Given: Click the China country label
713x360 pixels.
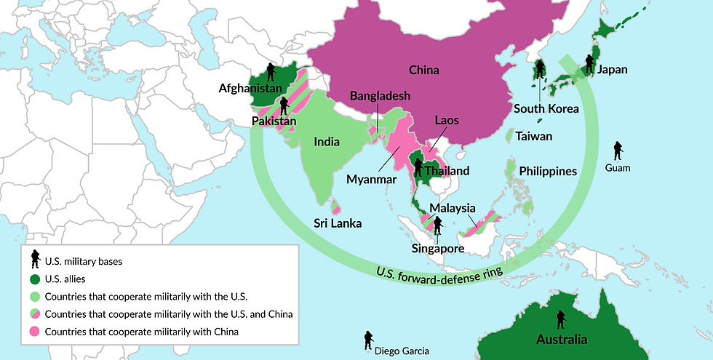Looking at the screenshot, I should click(x=424, y=71).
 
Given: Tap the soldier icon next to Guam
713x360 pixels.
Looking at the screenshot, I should click(x=618, y=151).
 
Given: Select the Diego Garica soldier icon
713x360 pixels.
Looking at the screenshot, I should click(x=368, y=340).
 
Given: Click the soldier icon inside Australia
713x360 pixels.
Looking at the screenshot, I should click(x=560, y=320).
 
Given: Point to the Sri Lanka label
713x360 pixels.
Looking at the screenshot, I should click(x=338, y=223).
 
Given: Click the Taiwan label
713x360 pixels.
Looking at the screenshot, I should click(x=534, y=136).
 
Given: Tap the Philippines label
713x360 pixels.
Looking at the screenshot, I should click(x=548, y=172).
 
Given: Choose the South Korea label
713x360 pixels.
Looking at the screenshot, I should click(x=546, y=109).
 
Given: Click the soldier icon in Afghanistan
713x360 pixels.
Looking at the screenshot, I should click(x=271, y=71).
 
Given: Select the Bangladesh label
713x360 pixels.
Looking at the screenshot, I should click(x=380, y=96).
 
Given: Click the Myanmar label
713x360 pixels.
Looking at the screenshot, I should click(x=371, y=179).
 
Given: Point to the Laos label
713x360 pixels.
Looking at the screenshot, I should click(x=446, y=120).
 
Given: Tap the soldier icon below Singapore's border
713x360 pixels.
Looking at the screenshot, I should click(x=437, y=225).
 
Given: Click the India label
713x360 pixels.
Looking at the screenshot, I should click(x=327, y=142).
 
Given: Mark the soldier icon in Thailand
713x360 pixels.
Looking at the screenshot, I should click(x=418, y=168).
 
